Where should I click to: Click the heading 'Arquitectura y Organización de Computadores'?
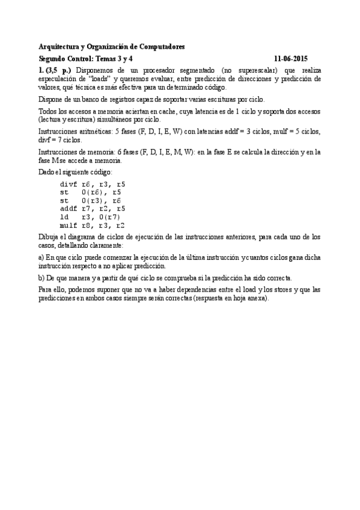112,46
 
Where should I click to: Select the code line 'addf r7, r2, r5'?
93,209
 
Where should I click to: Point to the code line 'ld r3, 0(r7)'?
90,217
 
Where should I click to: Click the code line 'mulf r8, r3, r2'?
93,226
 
